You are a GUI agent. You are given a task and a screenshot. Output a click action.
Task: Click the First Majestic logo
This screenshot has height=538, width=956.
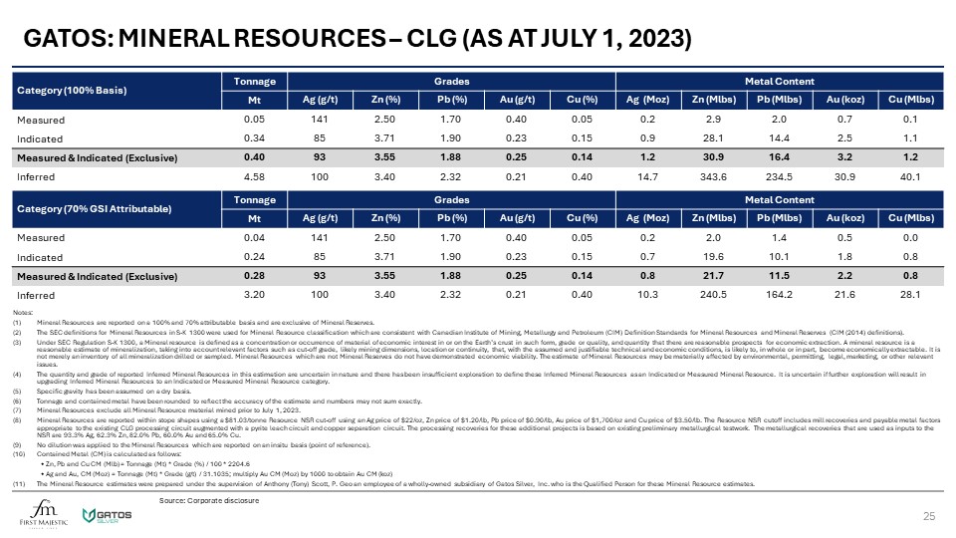[39, 511]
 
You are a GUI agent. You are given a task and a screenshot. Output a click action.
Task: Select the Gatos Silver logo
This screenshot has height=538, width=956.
[104, 512]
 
